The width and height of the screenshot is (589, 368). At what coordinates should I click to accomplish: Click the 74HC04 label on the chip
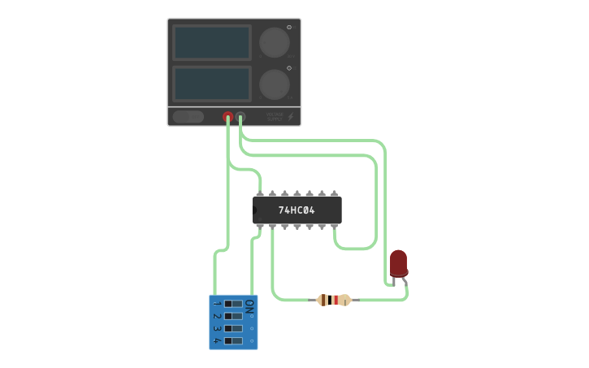297,210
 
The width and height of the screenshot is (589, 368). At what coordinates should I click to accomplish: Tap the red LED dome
398,262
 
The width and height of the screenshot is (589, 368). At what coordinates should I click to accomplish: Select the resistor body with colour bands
333,300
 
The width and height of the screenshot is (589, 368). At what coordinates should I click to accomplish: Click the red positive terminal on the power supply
228,117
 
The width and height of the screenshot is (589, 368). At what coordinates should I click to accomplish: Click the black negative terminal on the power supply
240,117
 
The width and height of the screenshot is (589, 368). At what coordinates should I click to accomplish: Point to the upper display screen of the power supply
212,42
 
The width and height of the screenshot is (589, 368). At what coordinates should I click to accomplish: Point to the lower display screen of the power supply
212,83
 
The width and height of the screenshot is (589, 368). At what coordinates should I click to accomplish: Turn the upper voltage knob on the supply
274,42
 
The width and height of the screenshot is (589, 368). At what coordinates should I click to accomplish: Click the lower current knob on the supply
274,83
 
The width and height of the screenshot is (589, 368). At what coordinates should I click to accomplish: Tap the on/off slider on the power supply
188,117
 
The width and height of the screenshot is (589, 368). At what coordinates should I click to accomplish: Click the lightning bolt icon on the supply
291,117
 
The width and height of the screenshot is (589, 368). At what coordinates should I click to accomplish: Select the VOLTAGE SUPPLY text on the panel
275,117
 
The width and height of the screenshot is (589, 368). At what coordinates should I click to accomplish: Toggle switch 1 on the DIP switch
233,304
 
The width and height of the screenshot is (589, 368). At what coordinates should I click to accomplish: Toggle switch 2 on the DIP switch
233,316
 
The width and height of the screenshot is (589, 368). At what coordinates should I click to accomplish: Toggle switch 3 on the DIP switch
233,328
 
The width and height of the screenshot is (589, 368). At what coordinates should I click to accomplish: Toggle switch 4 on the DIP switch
233,340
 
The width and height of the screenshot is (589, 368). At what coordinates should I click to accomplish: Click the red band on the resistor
335,300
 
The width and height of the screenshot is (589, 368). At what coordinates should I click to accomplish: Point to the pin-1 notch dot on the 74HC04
255,210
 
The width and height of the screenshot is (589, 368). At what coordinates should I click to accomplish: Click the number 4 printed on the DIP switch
217,341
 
